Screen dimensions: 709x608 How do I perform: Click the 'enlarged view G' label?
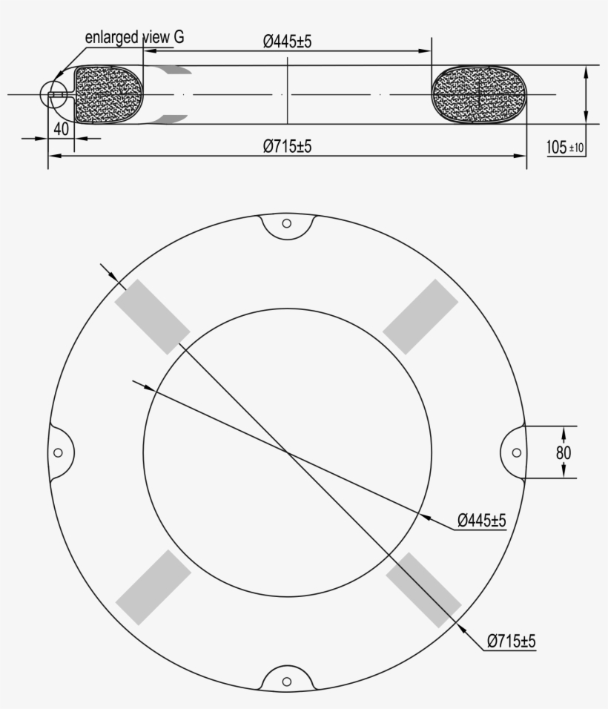[135, 36]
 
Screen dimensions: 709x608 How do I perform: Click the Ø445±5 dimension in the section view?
[287, 42]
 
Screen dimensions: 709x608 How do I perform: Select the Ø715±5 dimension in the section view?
[287, 147]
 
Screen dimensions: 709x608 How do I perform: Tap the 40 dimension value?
[62, 128]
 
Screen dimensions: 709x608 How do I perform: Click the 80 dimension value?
[564, 452]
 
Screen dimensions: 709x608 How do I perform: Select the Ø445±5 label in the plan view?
[481, 521]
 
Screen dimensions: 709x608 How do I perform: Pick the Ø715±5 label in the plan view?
[511, 641]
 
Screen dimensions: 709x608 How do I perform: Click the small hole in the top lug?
[287, 223]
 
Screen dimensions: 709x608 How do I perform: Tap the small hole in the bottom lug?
[287, 681]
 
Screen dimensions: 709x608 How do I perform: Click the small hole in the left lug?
[58, 452]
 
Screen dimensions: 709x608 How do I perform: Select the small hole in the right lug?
[516, 452]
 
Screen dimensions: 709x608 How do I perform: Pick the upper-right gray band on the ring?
[420, 317]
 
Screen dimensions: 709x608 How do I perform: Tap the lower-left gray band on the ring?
[153, 587]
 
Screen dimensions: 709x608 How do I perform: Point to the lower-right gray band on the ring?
[423, 589]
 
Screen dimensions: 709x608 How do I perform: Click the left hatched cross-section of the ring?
[110, 94]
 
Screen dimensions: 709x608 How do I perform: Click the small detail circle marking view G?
[54, 94]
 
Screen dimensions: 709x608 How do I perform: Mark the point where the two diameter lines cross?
[287, 452]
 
